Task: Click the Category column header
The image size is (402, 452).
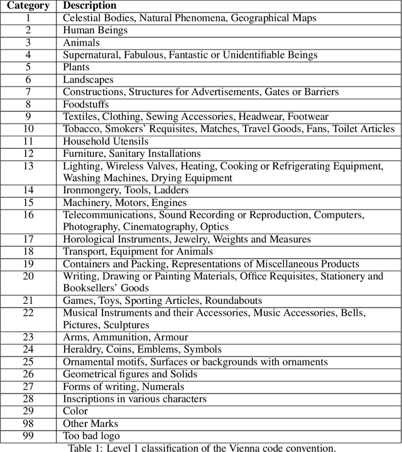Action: (x=28, y=6)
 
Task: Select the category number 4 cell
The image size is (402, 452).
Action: (x=28, y=55)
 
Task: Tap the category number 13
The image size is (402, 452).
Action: (x=28, y=166)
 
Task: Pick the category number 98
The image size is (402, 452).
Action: (x=28, y=423)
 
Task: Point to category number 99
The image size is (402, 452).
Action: (x=28, y=436)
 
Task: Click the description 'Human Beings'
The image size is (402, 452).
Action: (x=95, y=30)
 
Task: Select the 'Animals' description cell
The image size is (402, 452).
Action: (x=81, y=43)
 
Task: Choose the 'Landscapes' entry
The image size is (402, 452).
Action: (x=88, y=80)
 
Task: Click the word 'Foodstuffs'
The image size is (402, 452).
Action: (x=86, y=104)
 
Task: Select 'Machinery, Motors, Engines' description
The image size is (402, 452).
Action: (x=124, y=203)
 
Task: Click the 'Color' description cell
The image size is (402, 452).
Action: (x=75, y=411)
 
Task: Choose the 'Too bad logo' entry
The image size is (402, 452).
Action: (x=92, y=436)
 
